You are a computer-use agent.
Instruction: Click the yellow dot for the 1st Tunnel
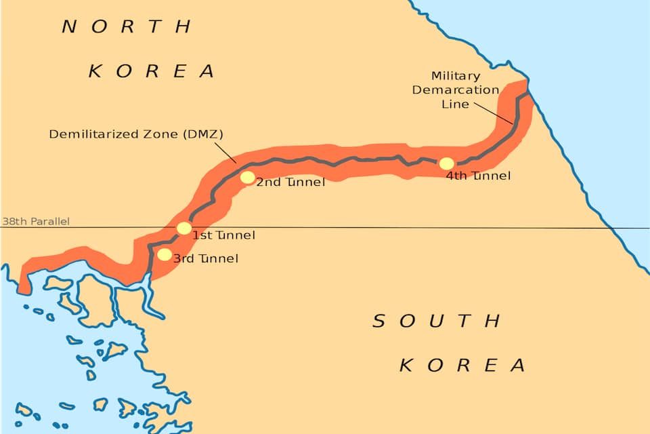point(183,228)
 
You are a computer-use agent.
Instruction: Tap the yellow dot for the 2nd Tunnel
point(248,178)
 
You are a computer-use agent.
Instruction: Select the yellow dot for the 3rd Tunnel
point(165,255)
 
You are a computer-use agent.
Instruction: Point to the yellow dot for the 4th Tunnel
point(446,163)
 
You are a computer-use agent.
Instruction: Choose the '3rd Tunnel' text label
point(206,258)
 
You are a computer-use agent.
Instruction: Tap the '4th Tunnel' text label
point(478,176)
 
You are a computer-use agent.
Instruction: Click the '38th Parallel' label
point(35,221)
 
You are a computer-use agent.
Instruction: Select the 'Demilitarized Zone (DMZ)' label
point(136,134)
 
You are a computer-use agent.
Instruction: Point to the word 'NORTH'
point(127,27)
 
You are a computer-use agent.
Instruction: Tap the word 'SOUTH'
point(437,321)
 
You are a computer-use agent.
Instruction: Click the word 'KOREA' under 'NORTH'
point(152,71)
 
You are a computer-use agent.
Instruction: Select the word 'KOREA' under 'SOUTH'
point(462,366)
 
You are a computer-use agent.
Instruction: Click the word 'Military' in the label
point(456,76)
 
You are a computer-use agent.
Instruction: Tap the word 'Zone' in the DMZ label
point(153,134)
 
